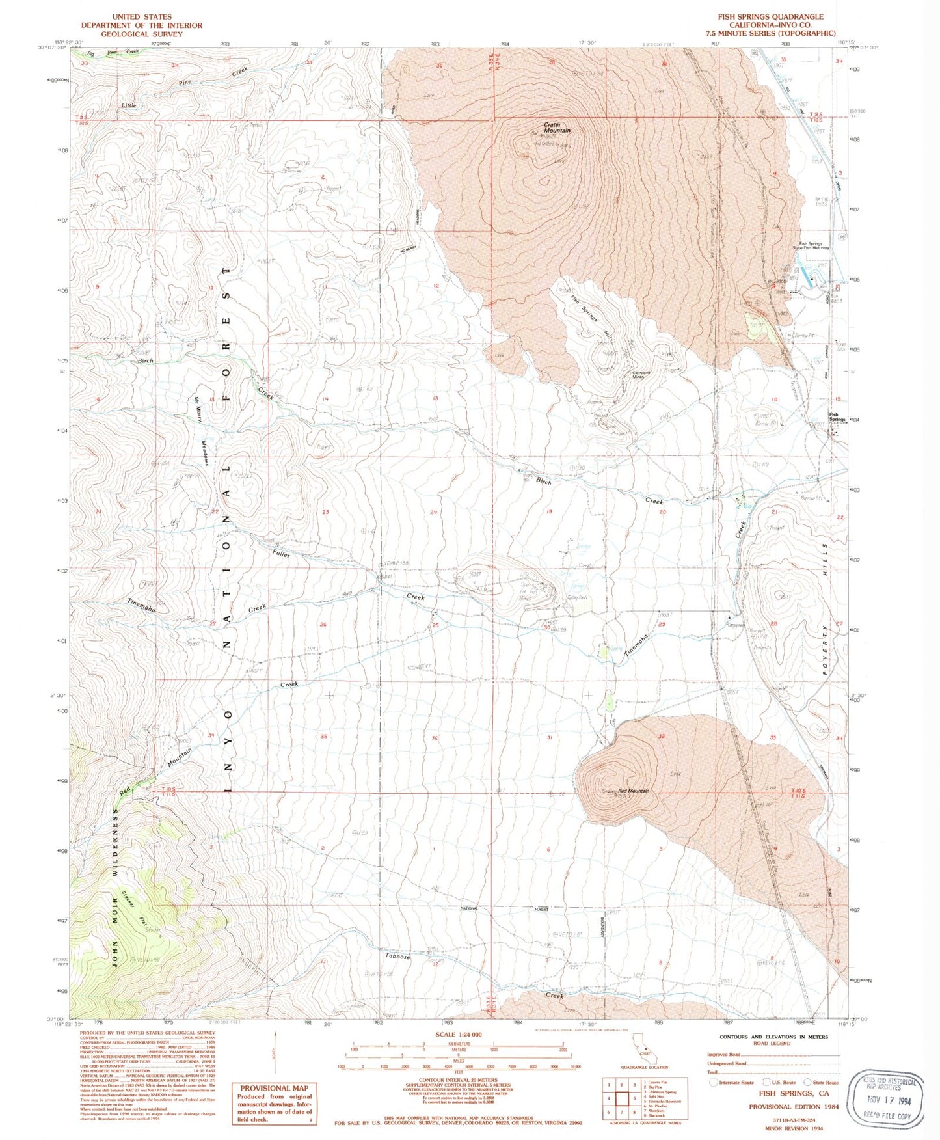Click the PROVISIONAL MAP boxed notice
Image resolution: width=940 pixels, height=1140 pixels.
pos(274,1102)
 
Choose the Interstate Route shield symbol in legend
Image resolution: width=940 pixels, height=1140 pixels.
pos(714,1082)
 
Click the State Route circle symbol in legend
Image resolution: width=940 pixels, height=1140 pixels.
pos(809,1082)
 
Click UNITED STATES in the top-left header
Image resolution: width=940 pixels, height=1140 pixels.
pos(141,16)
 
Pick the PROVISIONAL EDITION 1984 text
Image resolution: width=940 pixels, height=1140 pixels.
pos(793,1106)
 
